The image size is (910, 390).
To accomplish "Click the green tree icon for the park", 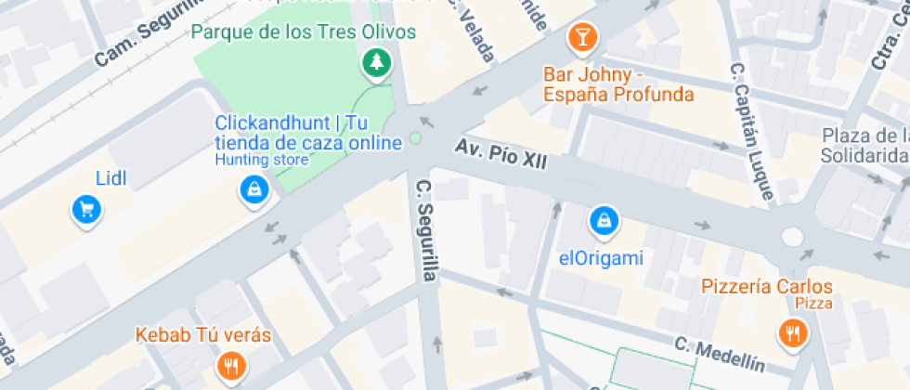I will coord(376,63).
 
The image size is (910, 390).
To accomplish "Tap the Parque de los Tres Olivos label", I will coord(303,32).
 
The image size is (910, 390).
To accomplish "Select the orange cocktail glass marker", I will coord(582,38).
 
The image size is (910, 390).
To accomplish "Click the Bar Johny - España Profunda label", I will coord(618,84).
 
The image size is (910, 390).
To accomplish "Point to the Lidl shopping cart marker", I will coord(86,210).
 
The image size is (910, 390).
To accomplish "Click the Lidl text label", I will coord(110,177).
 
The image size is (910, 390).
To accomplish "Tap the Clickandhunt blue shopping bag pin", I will coord(253,190).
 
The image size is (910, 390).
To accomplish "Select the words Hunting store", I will coord(261,160).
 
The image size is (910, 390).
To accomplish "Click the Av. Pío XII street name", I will coord(500,154).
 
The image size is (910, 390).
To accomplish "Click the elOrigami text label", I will coord(601,258).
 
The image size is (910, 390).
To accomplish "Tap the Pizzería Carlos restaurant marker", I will coord(791,333).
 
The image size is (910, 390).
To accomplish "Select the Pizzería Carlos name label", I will coord(767,286).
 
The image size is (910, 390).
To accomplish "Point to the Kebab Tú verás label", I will coord(203,334).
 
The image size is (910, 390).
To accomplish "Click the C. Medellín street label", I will coord(720,354).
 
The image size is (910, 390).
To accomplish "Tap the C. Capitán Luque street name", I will coord(752,131).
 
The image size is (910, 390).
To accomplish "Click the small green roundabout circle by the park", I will coord(415,139).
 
